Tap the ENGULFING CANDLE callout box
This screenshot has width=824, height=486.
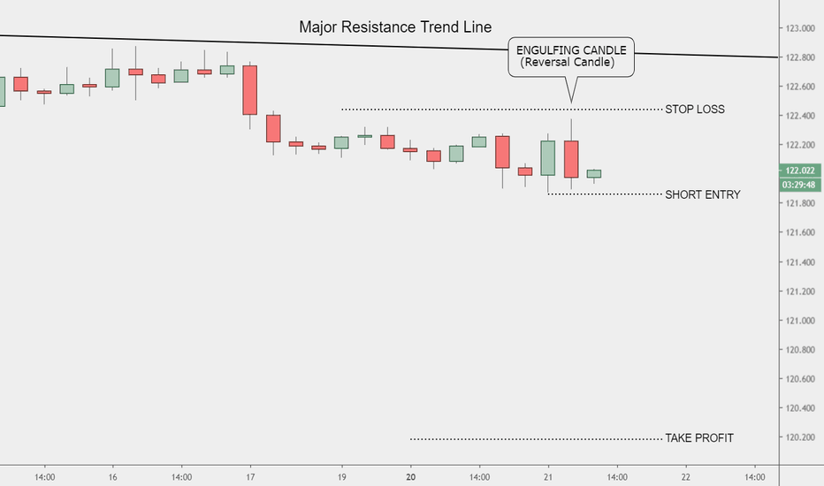click(x=571, y=57)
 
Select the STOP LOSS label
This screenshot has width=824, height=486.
click(x=694, y=110)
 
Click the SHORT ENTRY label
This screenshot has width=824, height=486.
click(x=702, y=194)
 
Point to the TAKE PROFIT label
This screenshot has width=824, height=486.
click(x=698, y=438)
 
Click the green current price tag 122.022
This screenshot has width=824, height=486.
click(x=799, y=171)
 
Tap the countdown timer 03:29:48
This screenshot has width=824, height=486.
click(x=799, y=185)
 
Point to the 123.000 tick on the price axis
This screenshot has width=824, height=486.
click(x=799, y=29)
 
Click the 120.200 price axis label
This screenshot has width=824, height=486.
click(x=799, y=437)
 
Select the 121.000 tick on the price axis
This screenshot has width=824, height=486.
click(x=799, y=321)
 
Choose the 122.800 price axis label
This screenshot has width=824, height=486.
click(x=799, y=58)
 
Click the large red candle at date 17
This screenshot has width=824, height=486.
click(x=250, y=90)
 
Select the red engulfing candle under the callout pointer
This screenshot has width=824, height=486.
click(x=571, y=159)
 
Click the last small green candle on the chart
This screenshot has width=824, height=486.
click(x=594, y=174)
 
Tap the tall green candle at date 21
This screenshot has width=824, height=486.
click(x=548, y=158)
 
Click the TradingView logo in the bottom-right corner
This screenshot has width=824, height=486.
click(x=799, y=475)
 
